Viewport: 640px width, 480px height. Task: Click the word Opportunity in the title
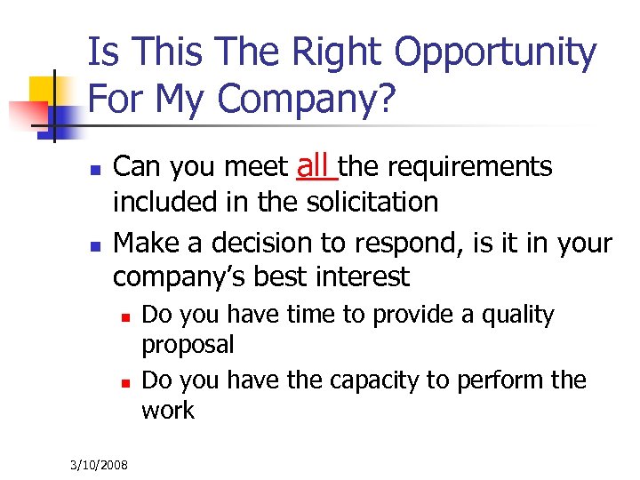pos(495,53)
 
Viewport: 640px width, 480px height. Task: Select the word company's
pos(179,276)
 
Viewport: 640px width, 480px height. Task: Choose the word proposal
pos(188,345)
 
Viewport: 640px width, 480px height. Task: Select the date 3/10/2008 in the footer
pos(100,465)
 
